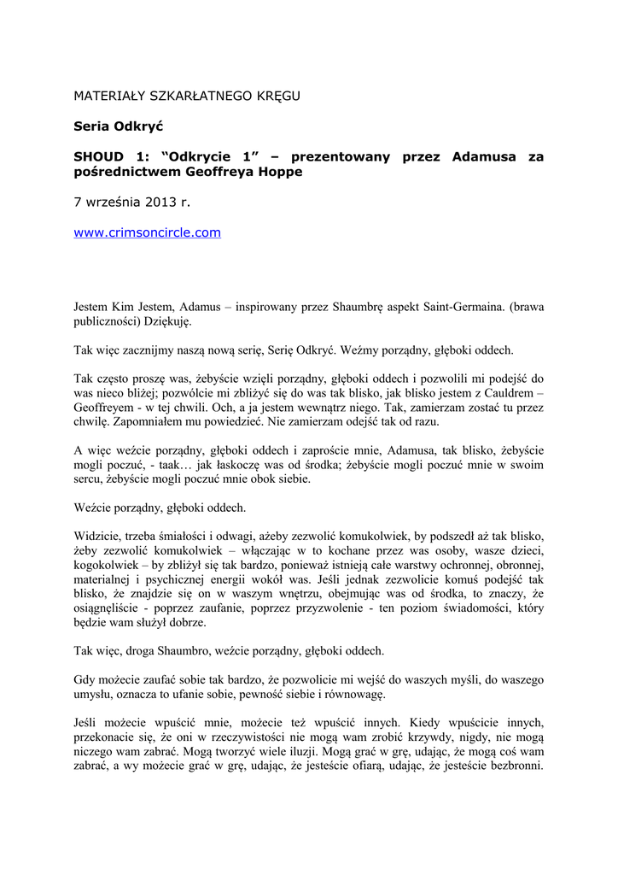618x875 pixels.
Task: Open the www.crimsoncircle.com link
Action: (x=148, y=232)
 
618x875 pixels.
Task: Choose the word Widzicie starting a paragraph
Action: (x=97, y=537)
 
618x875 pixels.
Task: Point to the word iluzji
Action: (x=286, y=751)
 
